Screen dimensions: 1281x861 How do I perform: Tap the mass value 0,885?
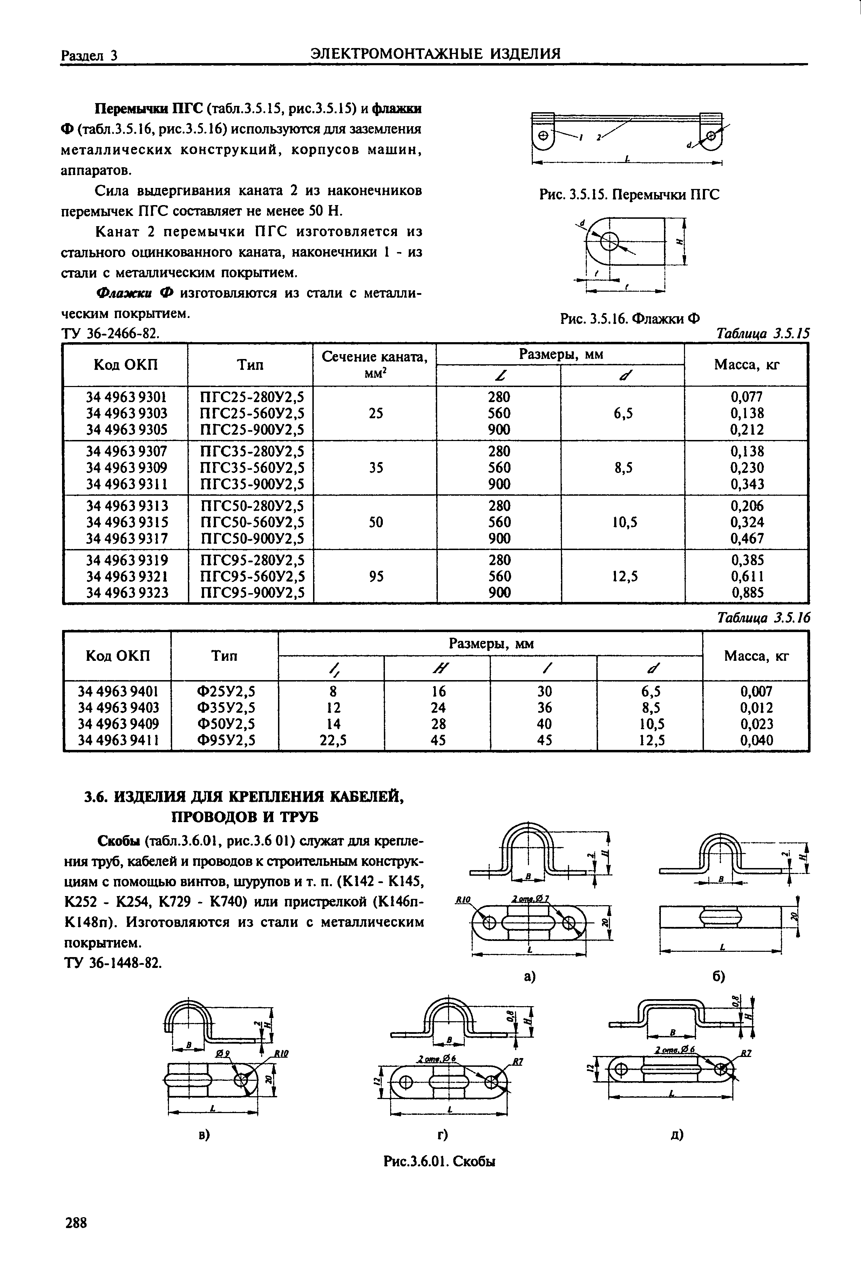point(747,592)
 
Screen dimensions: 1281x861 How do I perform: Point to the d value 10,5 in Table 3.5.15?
point(624,522)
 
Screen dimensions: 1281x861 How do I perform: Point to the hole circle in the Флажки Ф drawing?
point(610,240)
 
